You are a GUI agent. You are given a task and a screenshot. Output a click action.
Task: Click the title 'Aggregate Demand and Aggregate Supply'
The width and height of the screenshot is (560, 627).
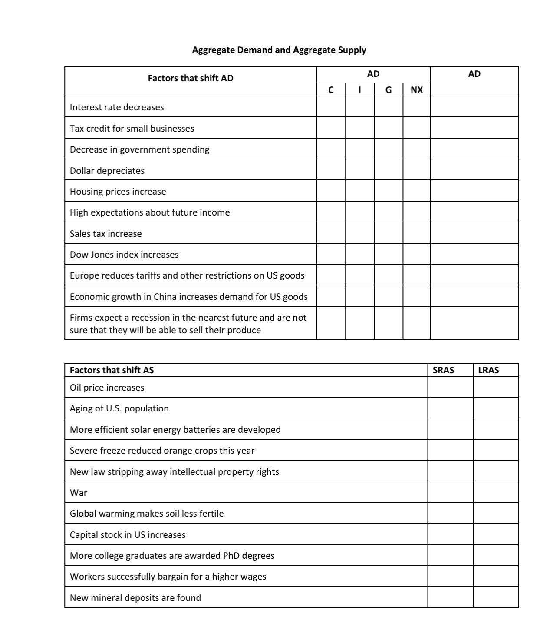pos(279,50)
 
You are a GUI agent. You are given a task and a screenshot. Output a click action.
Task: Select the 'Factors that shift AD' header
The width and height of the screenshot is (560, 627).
pos(190,78)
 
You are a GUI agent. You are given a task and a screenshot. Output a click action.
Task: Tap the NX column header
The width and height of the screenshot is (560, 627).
pos(416,90)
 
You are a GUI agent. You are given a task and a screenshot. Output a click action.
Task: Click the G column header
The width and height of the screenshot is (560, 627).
pos(388,90)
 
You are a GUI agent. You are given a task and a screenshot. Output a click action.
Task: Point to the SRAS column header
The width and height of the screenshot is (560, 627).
pos(443,370)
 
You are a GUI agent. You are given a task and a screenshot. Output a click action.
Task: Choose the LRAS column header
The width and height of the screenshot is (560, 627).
pos(488,370)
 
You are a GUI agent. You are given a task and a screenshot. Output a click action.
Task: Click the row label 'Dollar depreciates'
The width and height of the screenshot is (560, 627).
pos(107,171)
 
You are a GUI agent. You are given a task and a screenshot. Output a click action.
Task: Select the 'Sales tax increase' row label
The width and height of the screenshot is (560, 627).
pos(105,234)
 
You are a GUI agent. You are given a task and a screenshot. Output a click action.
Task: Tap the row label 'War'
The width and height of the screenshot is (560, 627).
pos(78,493)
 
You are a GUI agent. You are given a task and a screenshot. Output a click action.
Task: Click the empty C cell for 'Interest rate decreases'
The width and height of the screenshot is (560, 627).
pos(331,107)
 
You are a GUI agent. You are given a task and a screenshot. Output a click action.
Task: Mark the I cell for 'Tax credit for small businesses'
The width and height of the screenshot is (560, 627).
pos(359,128)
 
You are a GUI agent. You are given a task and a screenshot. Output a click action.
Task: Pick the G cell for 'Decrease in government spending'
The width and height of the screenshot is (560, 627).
pos(388,149)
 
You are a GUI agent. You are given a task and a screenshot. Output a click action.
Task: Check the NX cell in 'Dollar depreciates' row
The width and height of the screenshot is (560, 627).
pos(416,170)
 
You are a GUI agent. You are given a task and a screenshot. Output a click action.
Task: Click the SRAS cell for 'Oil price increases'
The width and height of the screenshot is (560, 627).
pos(450,387)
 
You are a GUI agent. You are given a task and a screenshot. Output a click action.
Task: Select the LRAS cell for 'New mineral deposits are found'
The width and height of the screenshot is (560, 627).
pos(496,597)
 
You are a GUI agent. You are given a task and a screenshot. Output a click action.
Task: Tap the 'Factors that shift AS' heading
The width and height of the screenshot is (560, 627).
pos(112,370)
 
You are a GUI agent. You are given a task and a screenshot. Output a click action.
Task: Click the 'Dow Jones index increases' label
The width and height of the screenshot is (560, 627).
pos(124,255)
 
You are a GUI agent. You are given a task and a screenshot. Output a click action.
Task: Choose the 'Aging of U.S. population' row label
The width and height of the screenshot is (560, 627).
pos(119,408)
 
